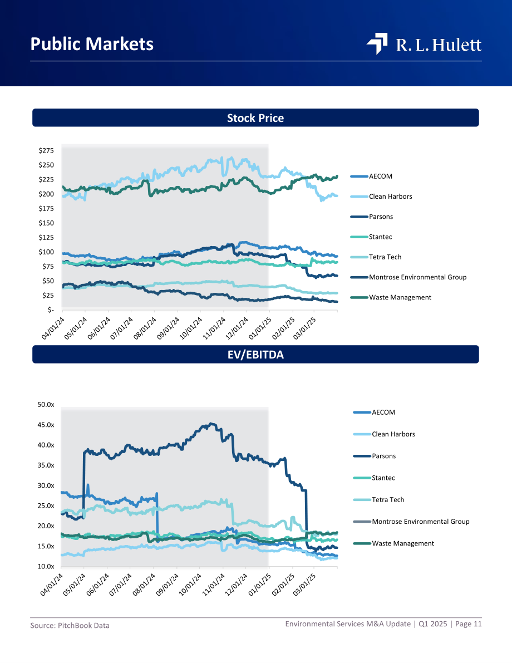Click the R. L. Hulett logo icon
(377, 43)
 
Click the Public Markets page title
(92, 44)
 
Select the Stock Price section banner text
(255, 118)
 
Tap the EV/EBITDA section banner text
(255, 355)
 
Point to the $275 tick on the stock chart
(46, 150)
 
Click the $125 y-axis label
(46, 237)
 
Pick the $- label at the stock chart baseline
(50, 310)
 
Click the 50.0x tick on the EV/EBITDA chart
(46, 405)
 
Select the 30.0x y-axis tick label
(46, 485)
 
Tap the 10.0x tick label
(46, 566)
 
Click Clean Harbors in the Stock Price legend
(390, 197)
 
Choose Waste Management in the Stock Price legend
(400, 297)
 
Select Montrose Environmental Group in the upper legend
(418, 277)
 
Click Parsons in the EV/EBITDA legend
(384, 456)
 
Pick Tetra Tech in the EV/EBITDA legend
(388, 500)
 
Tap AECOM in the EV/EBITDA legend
(383, 412)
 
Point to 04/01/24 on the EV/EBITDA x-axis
(52, 585)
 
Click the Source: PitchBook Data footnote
(70, 625)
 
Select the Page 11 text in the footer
(469, 623)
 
